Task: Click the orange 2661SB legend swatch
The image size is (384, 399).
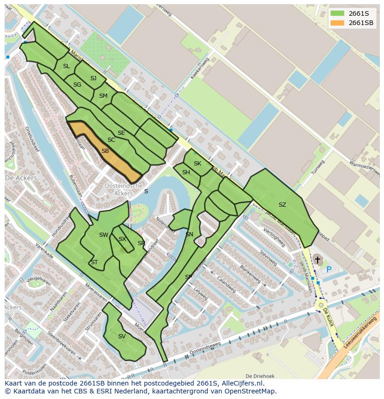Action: [x=337, y=23]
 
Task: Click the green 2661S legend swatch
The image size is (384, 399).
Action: [x=337, y=13]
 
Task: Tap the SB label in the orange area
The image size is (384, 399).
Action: [x=105, y=151]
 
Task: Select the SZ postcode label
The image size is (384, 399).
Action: [x=282, y=204]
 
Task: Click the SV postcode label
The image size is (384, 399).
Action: [x=122, y=336]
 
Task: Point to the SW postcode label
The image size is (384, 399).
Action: [x=103, y=235]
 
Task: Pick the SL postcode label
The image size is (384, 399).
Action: [x=66, y=66]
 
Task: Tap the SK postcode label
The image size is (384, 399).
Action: [x=197, y=164]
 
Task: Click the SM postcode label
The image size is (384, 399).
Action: [x=103, y=96]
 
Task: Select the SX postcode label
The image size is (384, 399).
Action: [x=122, y=239]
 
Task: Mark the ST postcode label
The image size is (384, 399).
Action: [x=94, y=262]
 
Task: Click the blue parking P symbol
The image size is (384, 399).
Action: [x=329, y=269]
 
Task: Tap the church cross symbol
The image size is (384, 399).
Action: [x=317, y=260]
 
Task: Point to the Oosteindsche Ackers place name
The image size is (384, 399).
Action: [x=123, y=189]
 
